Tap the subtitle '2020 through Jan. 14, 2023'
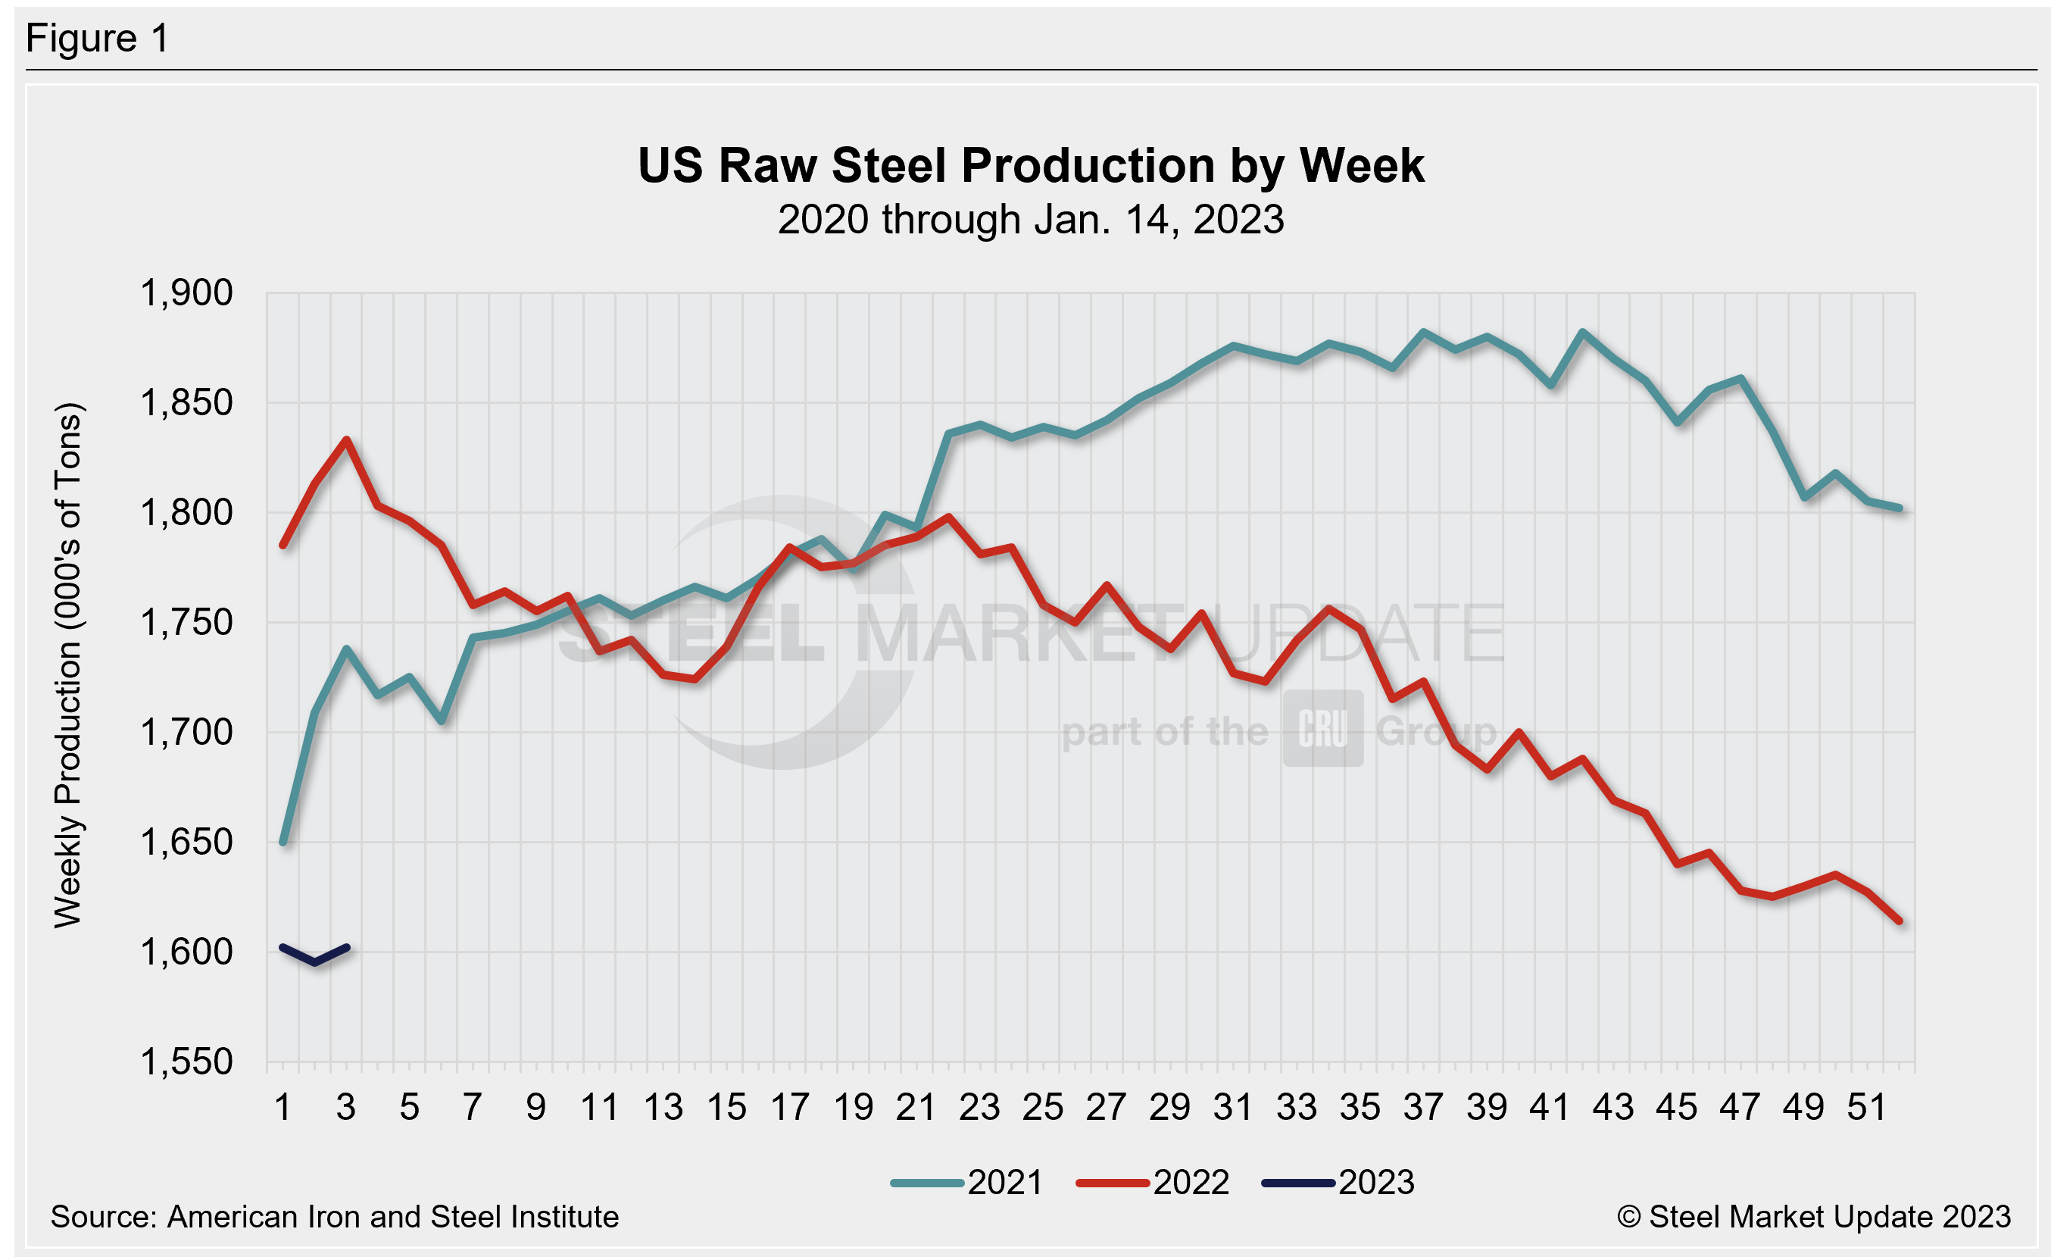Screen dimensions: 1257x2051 (x=1031, y=220)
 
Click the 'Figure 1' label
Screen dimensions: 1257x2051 (x=98, y=39)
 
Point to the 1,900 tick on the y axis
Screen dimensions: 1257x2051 (x=186, y=293)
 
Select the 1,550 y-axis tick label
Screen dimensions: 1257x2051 (x=186, y=1062)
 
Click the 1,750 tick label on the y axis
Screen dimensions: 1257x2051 (x=186, y=623)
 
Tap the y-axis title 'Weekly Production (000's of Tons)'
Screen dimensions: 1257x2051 (x=68, y=666)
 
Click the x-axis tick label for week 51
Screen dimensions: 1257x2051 (x=1866, y=1108)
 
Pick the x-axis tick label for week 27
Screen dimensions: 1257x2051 (x=1107, y=1108)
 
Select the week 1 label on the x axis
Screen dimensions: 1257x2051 (x=283, y=1108)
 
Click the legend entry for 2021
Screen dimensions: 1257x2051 (x=967, y=1183)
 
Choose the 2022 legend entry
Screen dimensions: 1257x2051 (x=1153, y=1183)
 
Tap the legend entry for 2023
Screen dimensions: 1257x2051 (x=1338, y=1183)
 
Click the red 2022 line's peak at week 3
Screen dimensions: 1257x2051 (x=346, y=439)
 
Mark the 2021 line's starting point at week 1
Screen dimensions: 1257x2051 (x=283, y=843)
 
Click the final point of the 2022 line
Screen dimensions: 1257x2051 (x=1900, y=921)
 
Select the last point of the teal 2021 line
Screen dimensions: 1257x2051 (x=1900, y=508)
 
